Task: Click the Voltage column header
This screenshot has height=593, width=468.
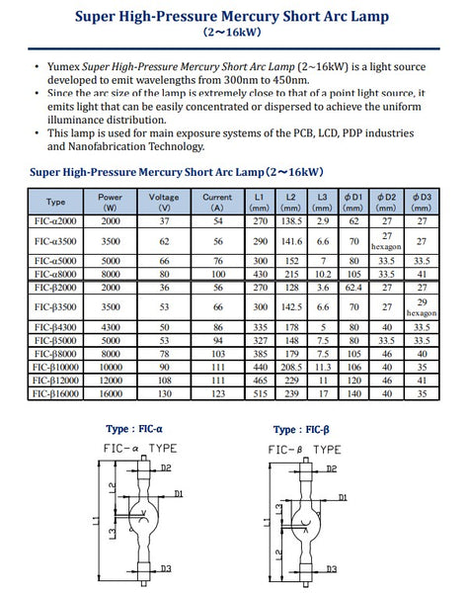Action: pos(164,203)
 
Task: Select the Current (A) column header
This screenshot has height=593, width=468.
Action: pos(217,203)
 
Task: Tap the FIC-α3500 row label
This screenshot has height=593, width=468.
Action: pos(56,240)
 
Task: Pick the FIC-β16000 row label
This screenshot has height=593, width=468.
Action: pos(56,392)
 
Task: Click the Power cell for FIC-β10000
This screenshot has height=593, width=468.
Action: pos(111,365)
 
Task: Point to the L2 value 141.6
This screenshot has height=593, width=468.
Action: pos(291,240)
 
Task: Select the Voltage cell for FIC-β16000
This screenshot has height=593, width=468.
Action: pos(164,392)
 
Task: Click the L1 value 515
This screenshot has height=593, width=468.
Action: pos(259,392)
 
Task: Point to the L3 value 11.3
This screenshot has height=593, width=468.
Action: pos(323,365)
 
